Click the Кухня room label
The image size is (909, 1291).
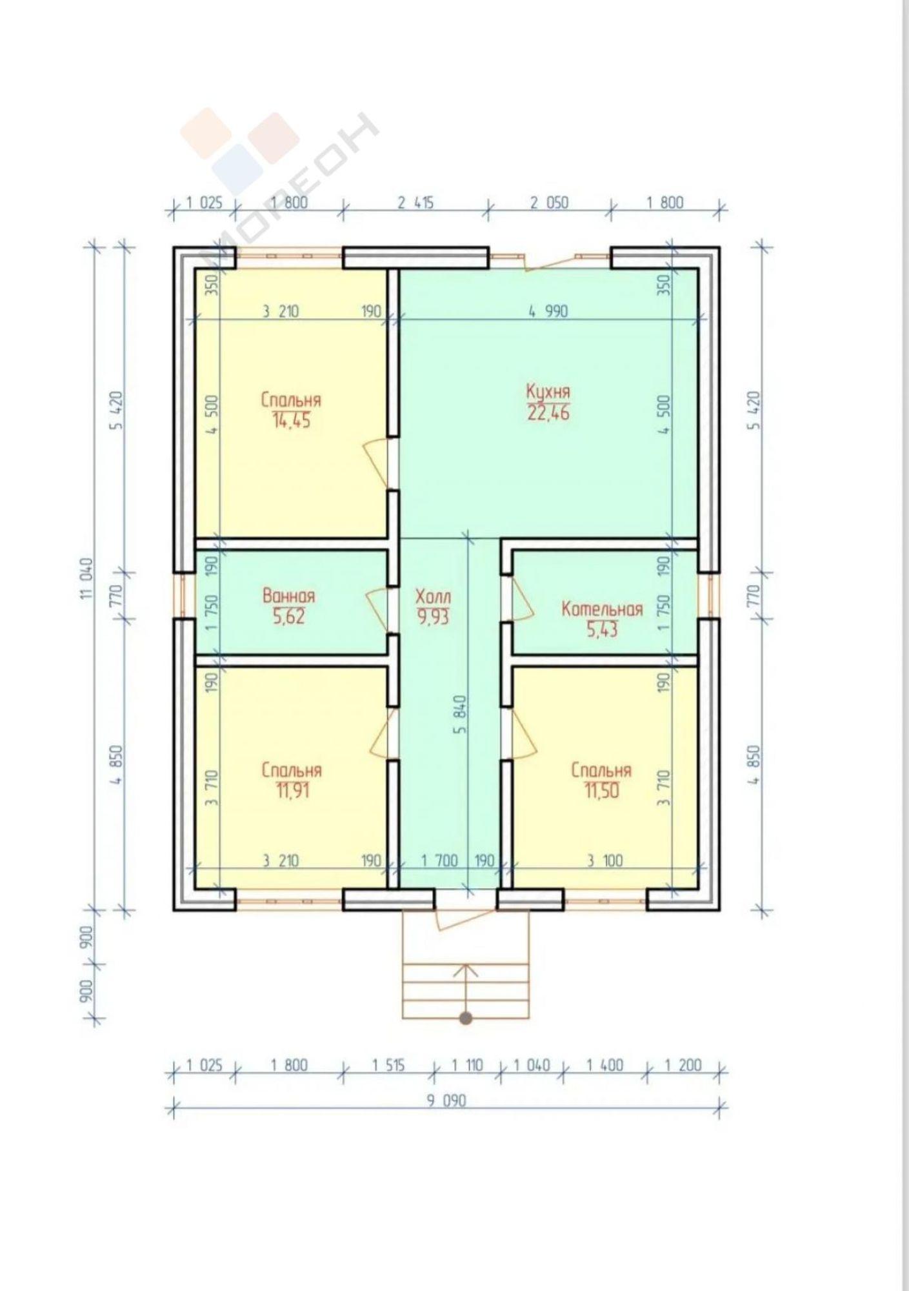(548, 392)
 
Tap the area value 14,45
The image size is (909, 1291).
(292, 421)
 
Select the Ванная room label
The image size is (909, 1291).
(289, 595)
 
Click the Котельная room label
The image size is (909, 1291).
(602, 609)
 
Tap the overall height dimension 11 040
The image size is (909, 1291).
(88, 579)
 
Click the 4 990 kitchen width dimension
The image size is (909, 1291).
(548, 311)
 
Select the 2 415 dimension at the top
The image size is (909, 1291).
(415, 203)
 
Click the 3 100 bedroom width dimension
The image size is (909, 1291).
(605, 860)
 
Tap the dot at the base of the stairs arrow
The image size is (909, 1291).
(465, 1019)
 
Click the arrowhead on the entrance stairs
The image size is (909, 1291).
(465, 968)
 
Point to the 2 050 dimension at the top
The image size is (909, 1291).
(549, 203)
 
